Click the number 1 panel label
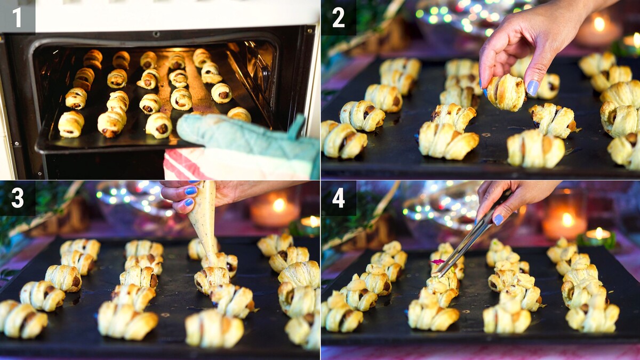click(x=17, y=17)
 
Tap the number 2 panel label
click(x=339, y=18)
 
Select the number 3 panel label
click(x=18, y=198)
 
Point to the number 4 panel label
click(x=339, y=198)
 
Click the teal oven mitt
click(x=243, y=137)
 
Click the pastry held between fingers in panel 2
click(x=506, y=93)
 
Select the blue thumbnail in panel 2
click(x=532, y=87)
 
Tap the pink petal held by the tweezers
click(x=437, y=261)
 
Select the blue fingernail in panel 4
click(x=499, y=219)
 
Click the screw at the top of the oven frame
click(x=156, y=34)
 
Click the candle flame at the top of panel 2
click(x=599, y=24)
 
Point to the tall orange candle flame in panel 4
click(x=567, y=219)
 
